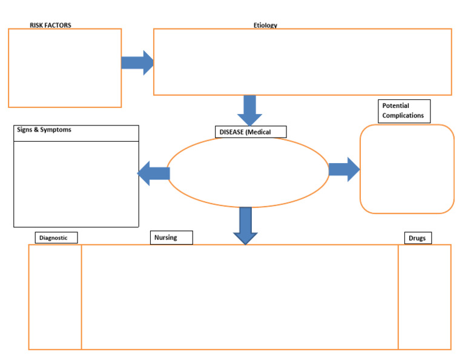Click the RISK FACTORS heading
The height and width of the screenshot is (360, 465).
(50, 25)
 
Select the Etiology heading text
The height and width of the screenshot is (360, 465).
(265, 25)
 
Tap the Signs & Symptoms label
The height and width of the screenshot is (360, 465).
(44, 130)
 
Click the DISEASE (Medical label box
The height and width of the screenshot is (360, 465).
(251, 132)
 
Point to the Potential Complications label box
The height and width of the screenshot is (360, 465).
(404, 111)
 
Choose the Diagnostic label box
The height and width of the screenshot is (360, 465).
(56, 238)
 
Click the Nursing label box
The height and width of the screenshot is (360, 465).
(171, 238)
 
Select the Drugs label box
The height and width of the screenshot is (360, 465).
(418, 238)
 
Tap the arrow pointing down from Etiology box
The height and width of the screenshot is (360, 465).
(249, 110)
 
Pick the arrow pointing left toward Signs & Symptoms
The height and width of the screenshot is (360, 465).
(154, 173)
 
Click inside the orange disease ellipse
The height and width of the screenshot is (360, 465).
(248, 172)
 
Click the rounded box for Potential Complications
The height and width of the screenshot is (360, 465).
(407, 169)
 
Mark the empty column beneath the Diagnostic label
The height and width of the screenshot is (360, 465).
(55, 297)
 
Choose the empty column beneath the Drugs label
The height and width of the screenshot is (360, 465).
(424, 297)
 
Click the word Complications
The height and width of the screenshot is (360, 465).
(403, 116)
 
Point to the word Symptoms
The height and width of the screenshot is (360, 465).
(56, 130)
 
